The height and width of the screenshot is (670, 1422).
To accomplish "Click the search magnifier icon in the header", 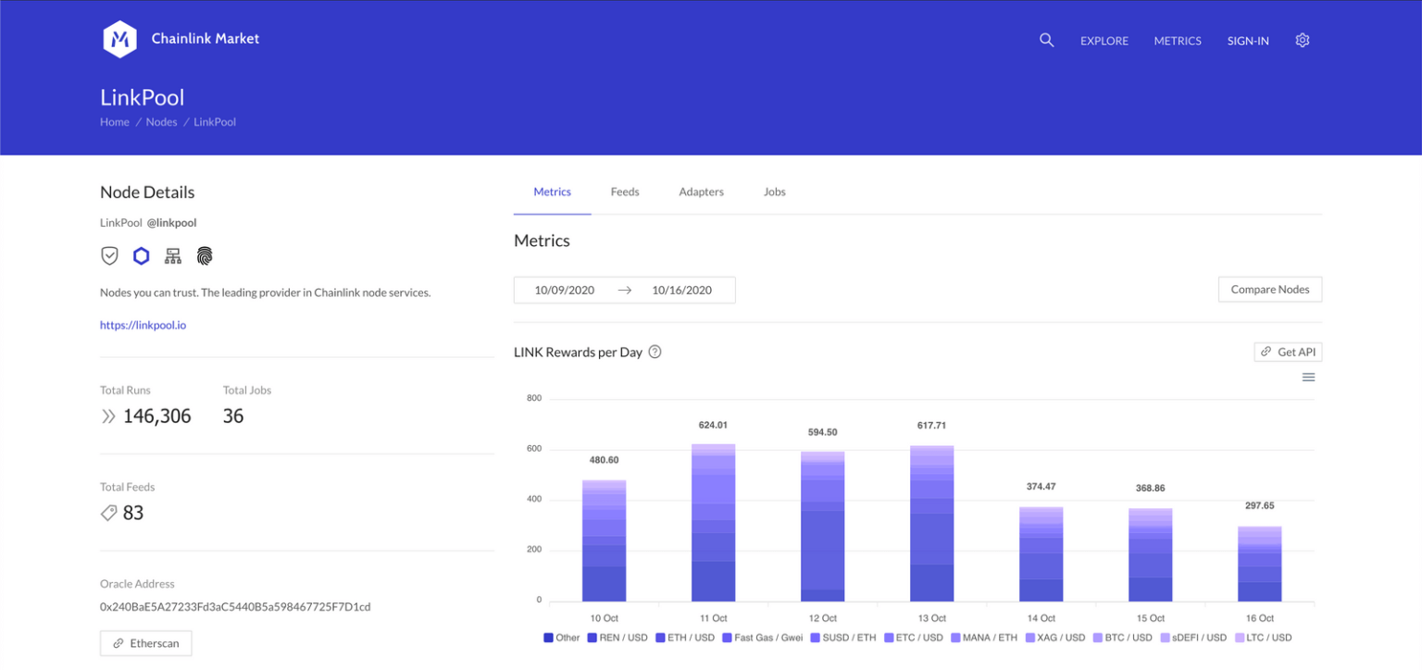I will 1046,41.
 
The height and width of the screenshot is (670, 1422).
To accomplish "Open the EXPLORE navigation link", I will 1104,41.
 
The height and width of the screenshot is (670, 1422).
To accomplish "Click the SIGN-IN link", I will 1248,41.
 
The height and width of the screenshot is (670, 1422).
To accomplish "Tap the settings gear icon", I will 1303,41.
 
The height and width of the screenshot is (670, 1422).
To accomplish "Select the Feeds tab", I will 625,192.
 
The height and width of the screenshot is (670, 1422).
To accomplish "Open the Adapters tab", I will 701,192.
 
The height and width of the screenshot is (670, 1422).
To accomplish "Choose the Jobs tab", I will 775,192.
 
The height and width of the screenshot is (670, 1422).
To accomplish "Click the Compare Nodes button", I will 1269,290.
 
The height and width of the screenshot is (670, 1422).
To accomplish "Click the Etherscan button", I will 145,643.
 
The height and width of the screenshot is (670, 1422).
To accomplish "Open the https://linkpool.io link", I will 143,325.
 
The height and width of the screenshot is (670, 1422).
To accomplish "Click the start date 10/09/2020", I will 565,290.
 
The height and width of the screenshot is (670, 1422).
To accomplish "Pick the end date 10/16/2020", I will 681,290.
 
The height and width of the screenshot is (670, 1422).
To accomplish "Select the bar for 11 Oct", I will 713,523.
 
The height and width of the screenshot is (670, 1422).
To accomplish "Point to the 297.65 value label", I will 1259,506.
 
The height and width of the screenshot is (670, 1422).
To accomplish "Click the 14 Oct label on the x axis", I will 1041,618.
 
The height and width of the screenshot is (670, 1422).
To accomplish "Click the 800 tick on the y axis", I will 533,399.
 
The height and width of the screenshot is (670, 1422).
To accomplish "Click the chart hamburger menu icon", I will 1308,378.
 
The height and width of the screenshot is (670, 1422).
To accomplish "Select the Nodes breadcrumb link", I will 161,122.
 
